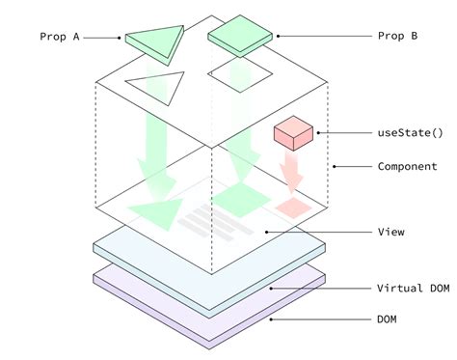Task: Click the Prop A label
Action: click(59, 37)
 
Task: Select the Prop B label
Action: click(397, 37)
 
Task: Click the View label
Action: click(390, 232)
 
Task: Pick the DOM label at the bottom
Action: click(387, 318)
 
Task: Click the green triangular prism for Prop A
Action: click(154, 42)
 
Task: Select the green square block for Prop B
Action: click(237, 38)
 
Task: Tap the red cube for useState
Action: click(290, 133)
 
